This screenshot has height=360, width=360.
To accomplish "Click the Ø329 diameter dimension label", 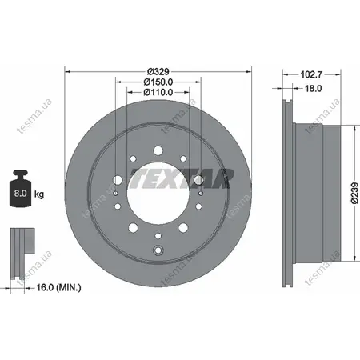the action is click(x=158, y=71).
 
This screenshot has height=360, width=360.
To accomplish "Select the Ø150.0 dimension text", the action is click(x=158, y=82).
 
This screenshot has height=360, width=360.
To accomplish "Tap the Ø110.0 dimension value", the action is click(x=158, y=92).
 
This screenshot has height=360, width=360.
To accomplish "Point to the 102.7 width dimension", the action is click(x=311, y=74).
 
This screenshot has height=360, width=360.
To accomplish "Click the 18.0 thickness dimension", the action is click(x=313, y=88).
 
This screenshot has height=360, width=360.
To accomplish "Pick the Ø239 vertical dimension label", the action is click(x=354, y=193).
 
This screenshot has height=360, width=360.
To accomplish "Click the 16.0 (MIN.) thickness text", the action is click(x=58, y=287).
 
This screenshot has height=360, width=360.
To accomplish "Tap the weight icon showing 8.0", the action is click(x=21, y=188).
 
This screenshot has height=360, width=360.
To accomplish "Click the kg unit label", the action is click(x=39, y=194).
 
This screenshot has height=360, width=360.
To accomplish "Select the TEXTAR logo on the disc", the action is click(x=182, y=178).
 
